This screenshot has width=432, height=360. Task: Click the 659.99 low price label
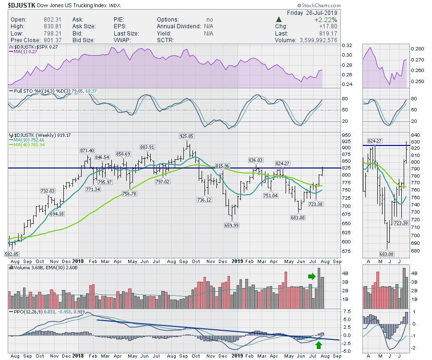pos(232,225)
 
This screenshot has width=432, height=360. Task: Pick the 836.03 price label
pos(255,159)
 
